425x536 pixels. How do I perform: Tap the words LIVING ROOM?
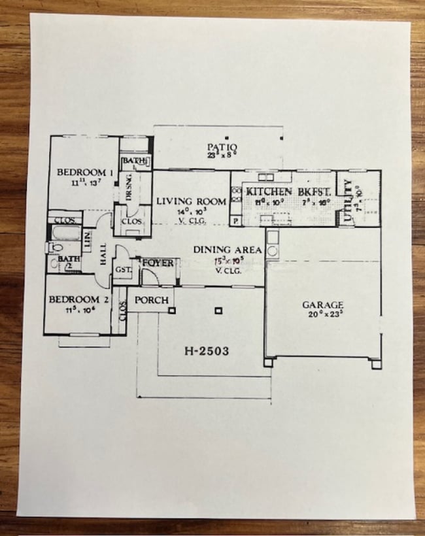coord(192,202)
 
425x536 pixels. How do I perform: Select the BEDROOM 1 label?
coord(86,173)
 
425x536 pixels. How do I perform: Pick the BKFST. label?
coord(314,191)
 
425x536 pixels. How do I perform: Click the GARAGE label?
coord(323,305)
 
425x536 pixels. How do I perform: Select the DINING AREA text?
coord(228,250)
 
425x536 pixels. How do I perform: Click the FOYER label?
coord(158,263)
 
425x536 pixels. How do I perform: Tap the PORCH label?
coord(152,300)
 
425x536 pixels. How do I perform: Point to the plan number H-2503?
coord(206,351)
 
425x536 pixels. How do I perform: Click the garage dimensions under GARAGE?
coord(323,315)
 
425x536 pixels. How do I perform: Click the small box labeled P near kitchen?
coord(235,222)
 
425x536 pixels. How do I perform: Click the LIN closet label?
coord(87,241)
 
